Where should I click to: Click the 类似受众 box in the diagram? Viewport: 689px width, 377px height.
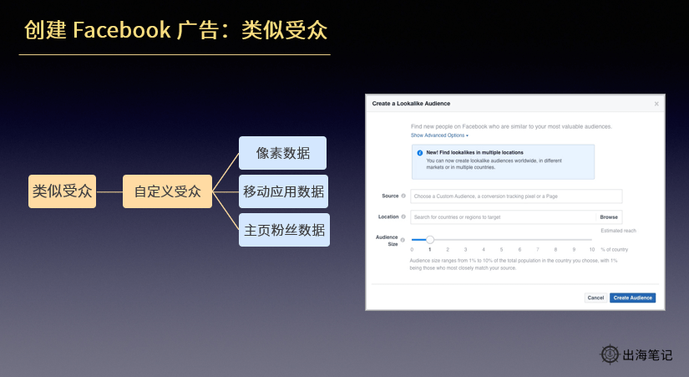62,191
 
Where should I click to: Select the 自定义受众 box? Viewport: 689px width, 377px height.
168,191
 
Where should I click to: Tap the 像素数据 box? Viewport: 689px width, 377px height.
283,154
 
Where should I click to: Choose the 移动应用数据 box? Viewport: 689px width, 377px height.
283,191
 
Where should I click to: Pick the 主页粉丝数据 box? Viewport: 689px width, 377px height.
283,230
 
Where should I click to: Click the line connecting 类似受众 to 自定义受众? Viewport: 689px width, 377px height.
109,191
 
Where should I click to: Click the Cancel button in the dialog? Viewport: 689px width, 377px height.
595,298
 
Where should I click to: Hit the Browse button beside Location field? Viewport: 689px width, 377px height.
609,217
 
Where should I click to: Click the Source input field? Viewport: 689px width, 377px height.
516,196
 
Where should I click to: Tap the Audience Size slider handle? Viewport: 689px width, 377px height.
430,240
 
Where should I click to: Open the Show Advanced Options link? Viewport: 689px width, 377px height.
439,135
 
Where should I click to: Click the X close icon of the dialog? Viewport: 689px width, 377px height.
656,104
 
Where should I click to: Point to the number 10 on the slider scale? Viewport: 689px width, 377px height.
591,250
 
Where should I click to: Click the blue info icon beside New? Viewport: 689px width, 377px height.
419,153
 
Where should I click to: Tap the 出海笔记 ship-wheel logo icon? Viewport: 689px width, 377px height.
610,354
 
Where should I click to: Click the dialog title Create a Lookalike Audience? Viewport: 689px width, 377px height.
411,103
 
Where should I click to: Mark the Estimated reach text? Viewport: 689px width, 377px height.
618,230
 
